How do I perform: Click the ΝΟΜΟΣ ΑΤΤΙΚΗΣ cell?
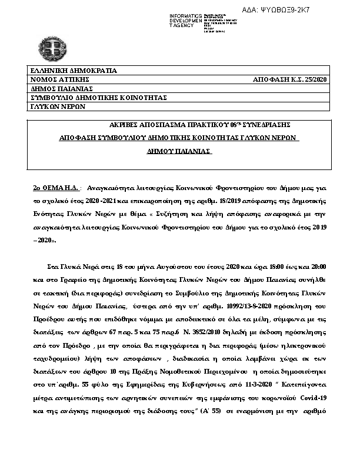tap(59, 79)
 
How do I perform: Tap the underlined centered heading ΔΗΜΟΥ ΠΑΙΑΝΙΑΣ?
tap(179, 151)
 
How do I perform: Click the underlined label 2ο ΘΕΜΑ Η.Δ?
tap(57, 188)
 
